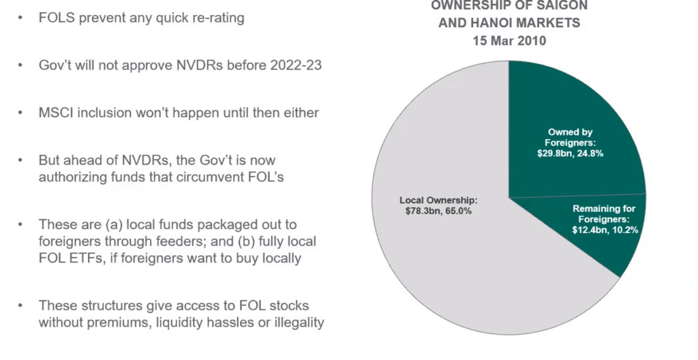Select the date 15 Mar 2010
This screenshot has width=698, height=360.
(509, 40)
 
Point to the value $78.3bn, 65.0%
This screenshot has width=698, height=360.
(438, 211)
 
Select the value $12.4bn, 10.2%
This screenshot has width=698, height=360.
(605, 230)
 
